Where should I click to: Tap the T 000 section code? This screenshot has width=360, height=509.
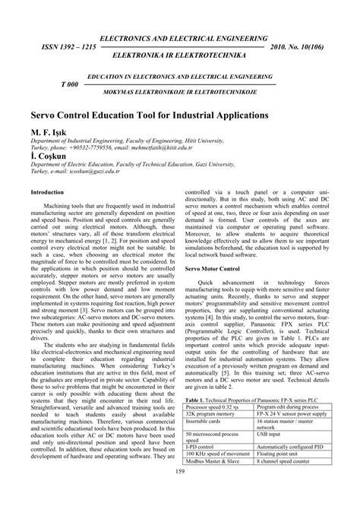coord(70,84)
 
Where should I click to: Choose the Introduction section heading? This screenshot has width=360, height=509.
coord(46,192)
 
